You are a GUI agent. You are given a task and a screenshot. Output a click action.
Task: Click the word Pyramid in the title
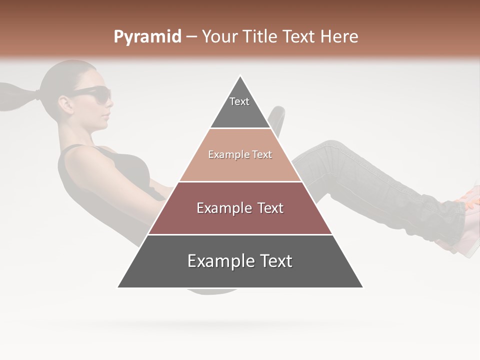[147, 37]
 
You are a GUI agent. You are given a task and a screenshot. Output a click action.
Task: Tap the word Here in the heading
[339, 36]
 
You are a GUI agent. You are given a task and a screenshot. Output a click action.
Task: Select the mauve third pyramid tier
[240, 208]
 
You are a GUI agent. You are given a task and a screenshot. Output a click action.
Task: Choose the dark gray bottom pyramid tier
[240, 261]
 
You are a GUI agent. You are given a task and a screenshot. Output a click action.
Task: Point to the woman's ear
[65, 102]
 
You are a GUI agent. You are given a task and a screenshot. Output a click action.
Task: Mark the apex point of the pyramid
[240, 76]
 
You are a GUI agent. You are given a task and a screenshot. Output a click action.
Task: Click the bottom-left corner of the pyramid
[118, 287]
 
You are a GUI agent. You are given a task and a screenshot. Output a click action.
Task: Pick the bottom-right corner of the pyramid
[362, 287]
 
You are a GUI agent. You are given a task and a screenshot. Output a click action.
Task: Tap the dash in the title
[191, 37]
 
